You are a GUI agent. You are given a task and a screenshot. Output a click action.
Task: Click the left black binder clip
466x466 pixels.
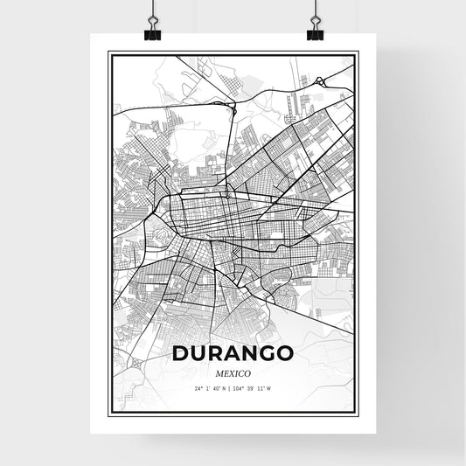(x=152, y=33)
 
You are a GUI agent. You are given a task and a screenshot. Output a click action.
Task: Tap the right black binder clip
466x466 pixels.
(x=315, y=33)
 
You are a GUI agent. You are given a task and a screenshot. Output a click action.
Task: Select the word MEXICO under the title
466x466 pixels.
(x=233, y=372)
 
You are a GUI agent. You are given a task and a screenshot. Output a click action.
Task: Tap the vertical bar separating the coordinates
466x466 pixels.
(x=233, y=387)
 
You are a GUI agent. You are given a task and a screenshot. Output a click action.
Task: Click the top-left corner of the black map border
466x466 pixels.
(x=109, y=53)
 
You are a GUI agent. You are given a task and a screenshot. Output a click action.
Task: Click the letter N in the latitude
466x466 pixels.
(x=227, y=387)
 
